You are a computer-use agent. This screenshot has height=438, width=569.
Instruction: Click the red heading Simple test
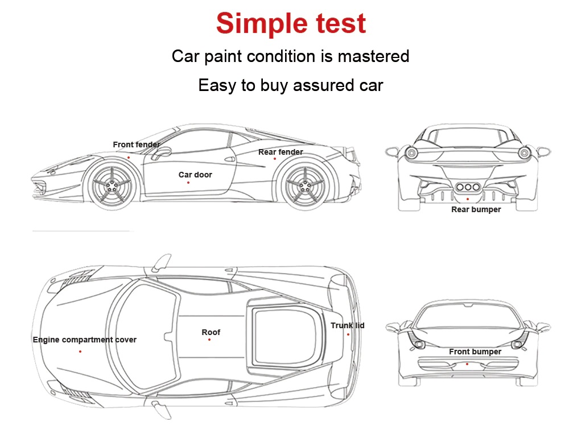point(291,23)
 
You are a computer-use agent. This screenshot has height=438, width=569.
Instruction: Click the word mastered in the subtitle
point(373,56)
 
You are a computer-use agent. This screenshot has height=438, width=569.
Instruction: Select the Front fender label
point(137,144)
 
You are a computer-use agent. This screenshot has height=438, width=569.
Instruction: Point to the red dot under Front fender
point(129,158)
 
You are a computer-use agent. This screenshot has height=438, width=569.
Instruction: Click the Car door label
point(195,175)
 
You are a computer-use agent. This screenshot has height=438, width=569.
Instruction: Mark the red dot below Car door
point(188,183)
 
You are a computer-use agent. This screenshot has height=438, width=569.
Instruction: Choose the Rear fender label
point(281,152)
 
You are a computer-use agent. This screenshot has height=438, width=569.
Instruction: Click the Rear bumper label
point(476,209)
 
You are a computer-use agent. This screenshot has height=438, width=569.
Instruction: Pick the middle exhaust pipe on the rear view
point(468,187)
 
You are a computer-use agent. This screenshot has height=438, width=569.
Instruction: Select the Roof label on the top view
point(211,332)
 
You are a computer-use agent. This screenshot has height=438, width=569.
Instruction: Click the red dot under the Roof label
point(209,340)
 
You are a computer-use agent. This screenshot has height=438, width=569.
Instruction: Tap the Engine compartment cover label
point(85,340)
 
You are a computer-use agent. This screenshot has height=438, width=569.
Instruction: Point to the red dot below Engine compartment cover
point(80,352)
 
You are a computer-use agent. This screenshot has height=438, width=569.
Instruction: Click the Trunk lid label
point(347,325)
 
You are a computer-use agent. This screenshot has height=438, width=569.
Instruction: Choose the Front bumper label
point(475,352)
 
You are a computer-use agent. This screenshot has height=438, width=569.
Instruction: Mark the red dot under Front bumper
point(467,364)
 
